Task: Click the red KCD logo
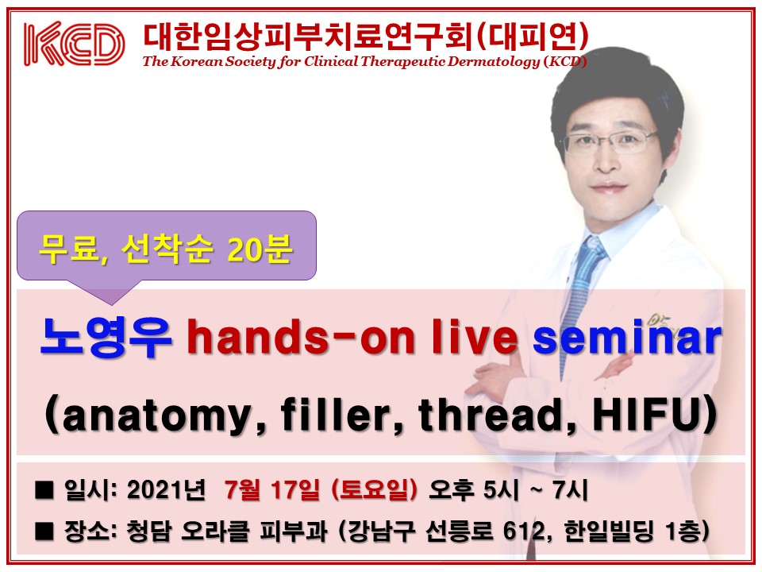click(74, 43)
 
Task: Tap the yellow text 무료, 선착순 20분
click(166, 249)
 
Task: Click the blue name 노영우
click(106, 337)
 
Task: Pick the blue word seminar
click(627, 337)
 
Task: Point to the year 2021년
click(166, 489)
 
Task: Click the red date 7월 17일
click(272, 489)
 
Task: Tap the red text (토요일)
click(374, 489)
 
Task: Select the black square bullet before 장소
click(44, 531)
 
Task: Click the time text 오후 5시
click(474, 489)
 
